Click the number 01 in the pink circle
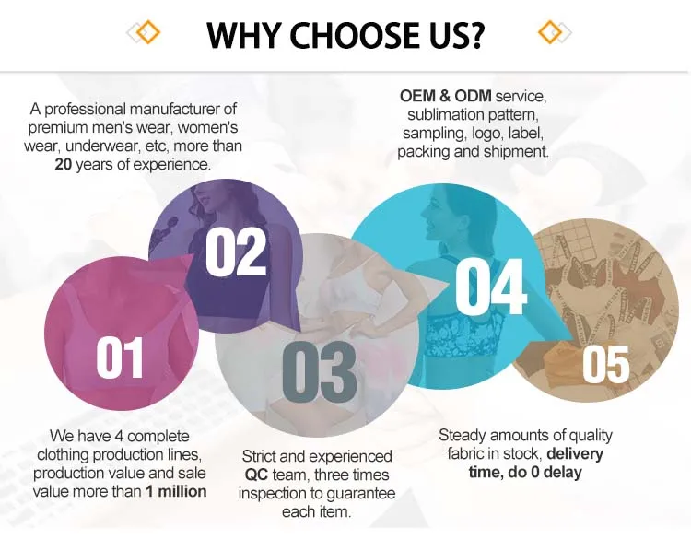click(x=120, y=357)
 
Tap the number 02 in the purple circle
click(x=236, y=253)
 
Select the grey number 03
click(x=320, y=370)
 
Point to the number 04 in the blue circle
click(x=491, y=286)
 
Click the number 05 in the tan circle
click(x=606, y=364)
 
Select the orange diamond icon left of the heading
click(x=147, y=32)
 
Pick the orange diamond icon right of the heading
click(x=551, y=32)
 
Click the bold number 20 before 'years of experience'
click(x=64, y=164)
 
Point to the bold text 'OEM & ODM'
click(x=446, y=96)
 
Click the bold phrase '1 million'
click(x=176, y=491)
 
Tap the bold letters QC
click(x=256, y=475)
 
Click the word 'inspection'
click(x=270, y=494)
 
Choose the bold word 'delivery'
click(x=575, y=453)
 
